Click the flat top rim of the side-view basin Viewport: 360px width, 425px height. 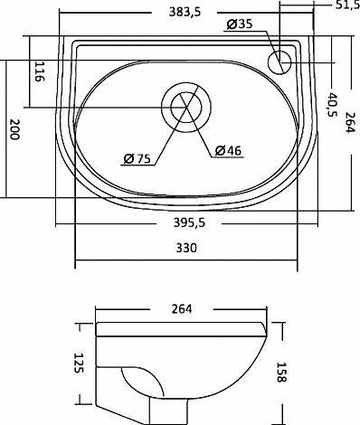point(181,327)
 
